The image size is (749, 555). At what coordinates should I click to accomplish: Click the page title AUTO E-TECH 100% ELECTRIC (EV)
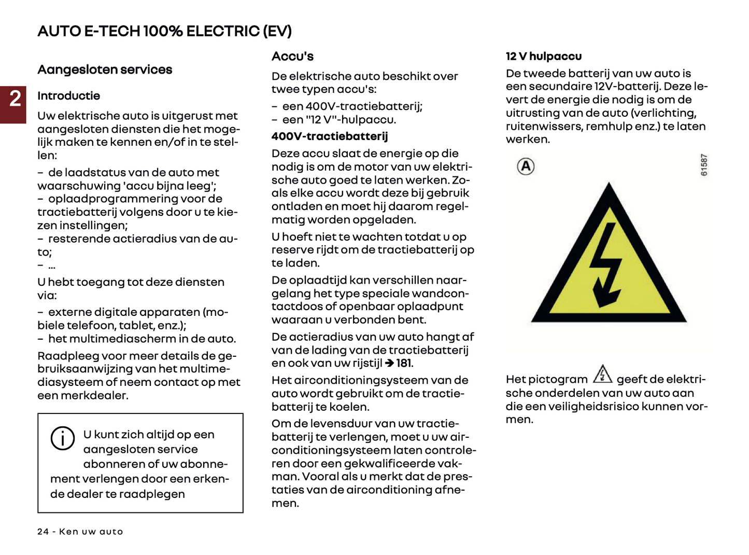164,31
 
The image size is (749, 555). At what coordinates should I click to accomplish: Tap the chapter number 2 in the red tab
15,99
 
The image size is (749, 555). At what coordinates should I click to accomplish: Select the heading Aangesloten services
105,70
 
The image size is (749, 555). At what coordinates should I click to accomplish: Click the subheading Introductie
68,96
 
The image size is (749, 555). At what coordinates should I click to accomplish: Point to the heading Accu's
292,57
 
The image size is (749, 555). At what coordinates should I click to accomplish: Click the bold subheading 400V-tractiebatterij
330,136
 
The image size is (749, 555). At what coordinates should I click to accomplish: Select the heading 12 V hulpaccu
544,57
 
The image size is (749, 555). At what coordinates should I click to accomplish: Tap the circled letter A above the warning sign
526,166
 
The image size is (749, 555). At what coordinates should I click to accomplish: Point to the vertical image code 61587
704,165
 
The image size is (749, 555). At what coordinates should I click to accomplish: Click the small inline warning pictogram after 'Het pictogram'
602,374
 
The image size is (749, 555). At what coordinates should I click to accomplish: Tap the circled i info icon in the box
63,438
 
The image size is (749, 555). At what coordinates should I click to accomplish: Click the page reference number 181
404,364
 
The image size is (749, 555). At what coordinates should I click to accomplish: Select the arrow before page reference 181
390,364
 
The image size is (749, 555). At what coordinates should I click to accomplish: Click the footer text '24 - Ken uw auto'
80,532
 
